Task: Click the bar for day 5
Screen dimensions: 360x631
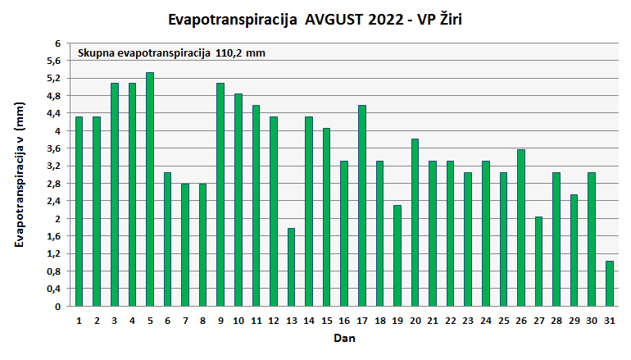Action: [150, 189]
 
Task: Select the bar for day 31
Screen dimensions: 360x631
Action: [610, 284]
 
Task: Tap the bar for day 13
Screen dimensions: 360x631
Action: [291, 267]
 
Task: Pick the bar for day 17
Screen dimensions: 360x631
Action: [362, 206]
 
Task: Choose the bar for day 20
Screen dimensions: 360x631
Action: [415, 222]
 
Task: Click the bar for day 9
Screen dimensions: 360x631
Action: [220, 194]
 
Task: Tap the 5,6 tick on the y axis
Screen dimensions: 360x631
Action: [53, 61]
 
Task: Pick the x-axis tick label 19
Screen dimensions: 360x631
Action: [397, 320]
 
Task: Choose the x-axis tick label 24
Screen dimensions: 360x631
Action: [486, 320]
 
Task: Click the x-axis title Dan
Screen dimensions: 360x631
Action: [343, 338]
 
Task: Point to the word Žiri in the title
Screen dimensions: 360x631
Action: [456, 18]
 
